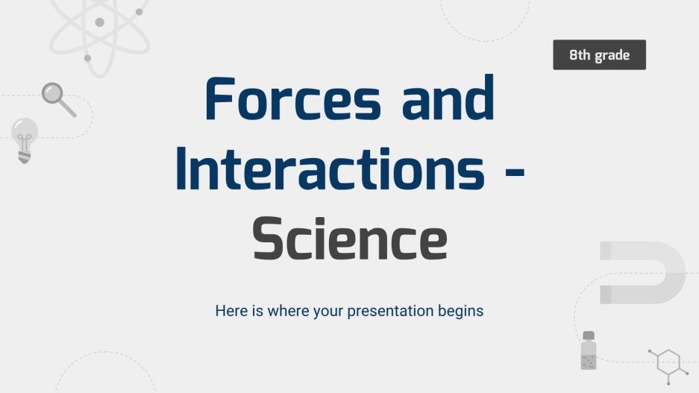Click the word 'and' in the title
tap(448, 101)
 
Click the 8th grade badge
tap(599, 55)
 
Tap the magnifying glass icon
tap(58, 99)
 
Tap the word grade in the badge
tap(613, 55)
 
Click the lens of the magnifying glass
tap(52, 93)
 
